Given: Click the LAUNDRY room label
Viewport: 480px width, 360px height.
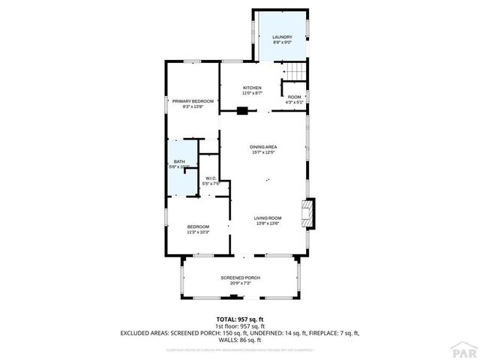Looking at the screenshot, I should [282, 37].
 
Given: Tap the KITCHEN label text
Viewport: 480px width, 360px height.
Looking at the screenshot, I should [252, 88].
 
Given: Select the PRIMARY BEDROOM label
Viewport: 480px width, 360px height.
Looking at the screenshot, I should [193, 101].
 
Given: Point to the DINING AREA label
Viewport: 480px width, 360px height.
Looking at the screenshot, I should [263, 147].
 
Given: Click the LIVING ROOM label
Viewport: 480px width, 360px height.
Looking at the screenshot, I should [268, 217].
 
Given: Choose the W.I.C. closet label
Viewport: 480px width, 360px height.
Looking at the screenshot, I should [211, 178].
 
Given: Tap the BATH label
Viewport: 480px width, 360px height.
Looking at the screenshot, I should [179, 162].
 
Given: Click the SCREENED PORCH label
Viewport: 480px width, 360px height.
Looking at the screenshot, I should [240, 278].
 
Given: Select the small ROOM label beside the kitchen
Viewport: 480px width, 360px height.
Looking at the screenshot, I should [294, 97].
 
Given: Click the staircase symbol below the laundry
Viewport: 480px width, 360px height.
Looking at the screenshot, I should [295, 70].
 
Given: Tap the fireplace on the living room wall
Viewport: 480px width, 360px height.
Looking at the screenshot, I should [307, 213].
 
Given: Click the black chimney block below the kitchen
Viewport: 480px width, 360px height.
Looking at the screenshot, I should [242, 112].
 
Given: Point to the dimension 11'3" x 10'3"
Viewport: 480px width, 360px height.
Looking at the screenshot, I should [198, 232].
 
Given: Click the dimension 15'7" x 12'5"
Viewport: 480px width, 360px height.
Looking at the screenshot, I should [263, 152].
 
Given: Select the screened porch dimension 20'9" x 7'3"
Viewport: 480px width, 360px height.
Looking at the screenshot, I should [240, 283].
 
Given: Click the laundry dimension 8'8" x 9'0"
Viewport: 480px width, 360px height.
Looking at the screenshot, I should [282, 42].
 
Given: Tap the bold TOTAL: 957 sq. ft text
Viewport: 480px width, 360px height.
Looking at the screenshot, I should [240, 319].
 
